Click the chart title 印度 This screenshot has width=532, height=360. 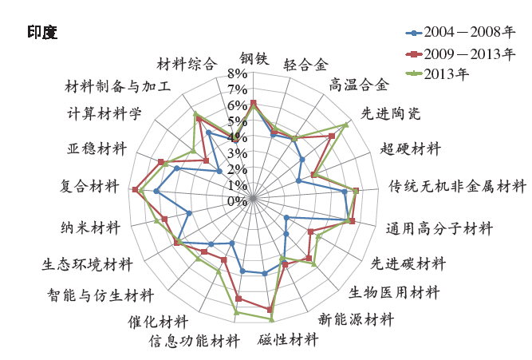(x=42, y=33)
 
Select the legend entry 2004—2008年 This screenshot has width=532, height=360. (x=460, y=32)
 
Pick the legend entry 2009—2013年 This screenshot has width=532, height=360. (x=460, y=53)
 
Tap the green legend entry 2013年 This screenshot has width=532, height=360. (x=437, y=73)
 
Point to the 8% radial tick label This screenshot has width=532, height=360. (x=237, y=73)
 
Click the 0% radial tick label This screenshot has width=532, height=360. (x=237, y=201)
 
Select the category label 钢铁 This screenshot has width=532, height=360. (x=254, y=58)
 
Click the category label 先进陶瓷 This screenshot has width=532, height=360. (x=391, y=113)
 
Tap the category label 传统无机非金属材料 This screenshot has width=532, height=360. (x=457, y=187)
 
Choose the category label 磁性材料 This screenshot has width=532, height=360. (x=288, y=339)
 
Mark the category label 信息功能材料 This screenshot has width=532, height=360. (x=195, y=341)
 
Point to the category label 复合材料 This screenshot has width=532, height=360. (x=89, y=186)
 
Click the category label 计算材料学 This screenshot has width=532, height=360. (x=104, y=113)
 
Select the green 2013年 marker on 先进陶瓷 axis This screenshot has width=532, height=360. (x=345, y=125)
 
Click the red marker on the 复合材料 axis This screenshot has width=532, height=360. (x=135, y=189)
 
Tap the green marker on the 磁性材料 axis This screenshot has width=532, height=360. (x=271, y=319)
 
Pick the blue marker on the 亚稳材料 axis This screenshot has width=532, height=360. (x=176, y=168)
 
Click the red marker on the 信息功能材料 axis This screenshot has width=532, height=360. (x=238, y=299)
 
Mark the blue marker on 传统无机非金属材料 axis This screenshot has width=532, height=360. (x=345, y=192)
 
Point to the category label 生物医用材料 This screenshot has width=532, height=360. (x=394, y=292)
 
